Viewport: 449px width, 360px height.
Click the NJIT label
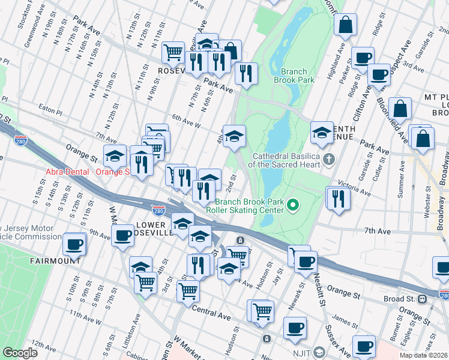298,352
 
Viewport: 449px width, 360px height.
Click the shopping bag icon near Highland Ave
346,26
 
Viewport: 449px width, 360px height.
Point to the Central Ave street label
211,312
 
